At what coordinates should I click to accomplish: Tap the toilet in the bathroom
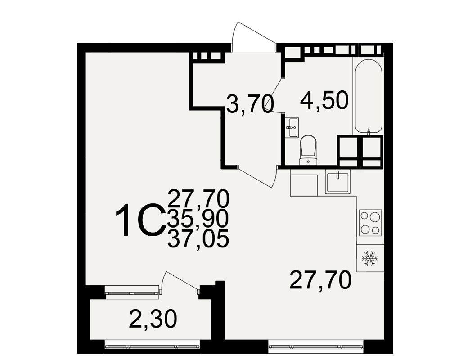308,150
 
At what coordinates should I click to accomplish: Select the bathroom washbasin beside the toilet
292,127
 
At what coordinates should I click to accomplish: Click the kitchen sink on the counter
338,182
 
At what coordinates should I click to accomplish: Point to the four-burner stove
370,223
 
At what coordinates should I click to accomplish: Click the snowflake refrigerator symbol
369,258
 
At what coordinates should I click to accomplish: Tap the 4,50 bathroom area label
324,100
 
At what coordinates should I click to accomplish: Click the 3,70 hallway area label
249,104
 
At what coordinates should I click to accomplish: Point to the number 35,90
198,219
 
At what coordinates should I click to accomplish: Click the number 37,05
198,239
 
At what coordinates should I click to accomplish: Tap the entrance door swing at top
253,37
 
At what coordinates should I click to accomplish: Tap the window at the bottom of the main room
316,346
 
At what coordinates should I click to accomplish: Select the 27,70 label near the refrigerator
320,280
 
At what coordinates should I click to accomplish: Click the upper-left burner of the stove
364,216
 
